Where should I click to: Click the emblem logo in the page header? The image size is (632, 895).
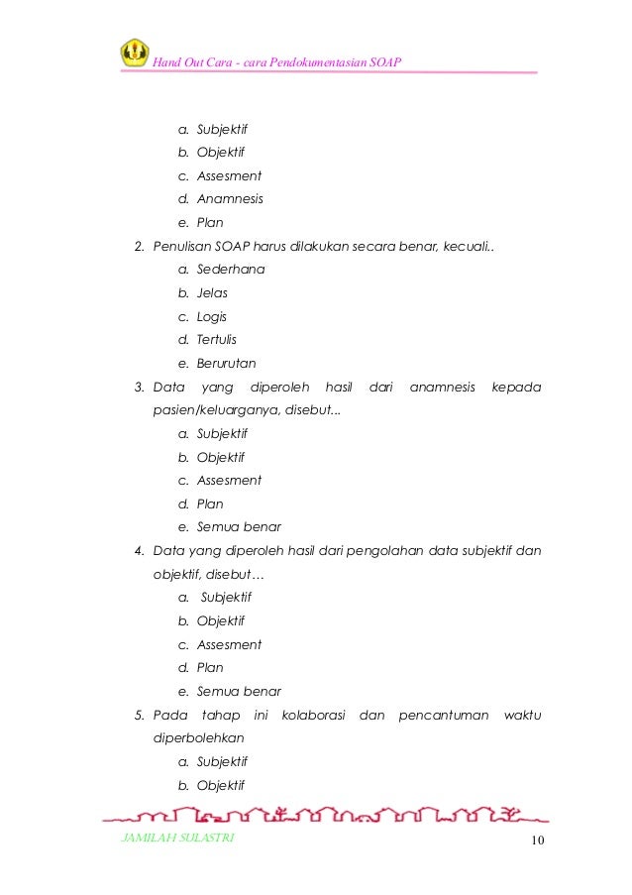[135, 53]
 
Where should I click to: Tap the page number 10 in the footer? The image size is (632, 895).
[538, 841]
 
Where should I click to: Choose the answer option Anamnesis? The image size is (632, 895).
[230, 199]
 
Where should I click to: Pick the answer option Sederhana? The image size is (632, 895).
[231, 270]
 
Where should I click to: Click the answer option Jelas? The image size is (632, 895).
[212, 293]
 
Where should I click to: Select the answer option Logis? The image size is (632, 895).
[212, 317]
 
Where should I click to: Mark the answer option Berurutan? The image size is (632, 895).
[226, 364]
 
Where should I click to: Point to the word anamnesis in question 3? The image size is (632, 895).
[442, 387]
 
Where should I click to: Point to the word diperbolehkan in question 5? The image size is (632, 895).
[198, 738]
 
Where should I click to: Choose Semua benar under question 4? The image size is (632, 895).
[239, 692]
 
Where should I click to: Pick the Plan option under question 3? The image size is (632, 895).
[210, 504]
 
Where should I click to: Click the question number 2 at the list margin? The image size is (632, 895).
[139, 246]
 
